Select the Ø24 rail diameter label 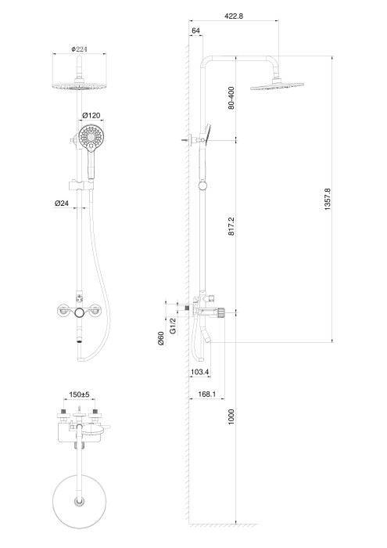(63, 204)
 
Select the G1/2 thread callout (174, 324)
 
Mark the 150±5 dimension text (81, 396)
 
